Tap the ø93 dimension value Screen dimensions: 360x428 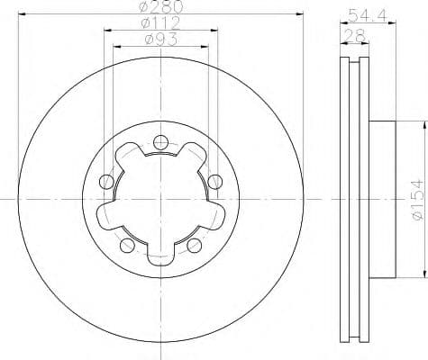point(159,40)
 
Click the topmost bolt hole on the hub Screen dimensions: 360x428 point(160,140)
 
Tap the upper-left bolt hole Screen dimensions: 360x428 point(106,181)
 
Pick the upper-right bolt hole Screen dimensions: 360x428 point(214,181)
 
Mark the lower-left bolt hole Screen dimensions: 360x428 point(127,244)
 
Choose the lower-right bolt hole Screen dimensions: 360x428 point(194,244)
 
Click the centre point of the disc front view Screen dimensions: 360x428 point(160,197)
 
